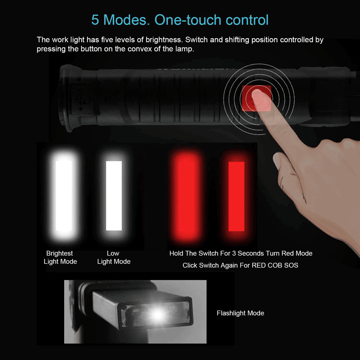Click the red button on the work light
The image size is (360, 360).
257,98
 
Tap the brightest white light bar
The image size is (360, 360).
64,195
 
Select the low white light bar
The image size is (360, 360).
114,195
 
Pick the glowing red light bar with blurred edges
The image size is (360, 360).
186,195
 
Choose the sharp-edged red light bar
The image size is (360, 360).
236,196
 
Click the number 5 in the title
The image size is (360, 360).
95,20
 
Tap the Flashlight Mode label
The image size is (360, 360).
240,313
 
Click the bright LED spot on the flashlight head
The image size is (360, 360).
158,314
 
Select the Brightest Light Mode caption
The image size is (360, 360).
60,257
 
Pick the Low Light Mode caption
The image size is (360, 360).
114,257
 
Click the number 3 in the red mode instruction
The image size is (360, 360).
234,253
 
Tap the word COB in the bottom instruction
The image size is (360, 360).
275,265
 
